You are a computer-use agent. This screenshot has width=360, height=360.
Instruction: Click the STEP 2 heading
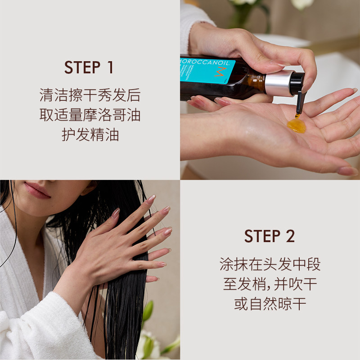[270, 236]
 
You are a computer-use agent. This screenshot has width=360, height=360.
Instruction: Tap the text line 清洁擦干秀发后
[90, 95]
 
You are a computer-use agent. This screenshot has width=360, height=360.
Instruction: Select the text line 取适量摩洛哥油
[90, 115]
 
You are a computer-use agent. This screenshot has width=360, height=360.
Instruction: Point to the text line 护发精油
[90, 135]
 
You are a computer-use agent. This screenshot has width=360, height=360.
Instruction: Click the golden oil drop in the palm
[296, 125]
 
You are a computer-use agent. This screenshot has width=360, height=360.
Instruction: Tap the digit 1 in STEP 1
[109, 67]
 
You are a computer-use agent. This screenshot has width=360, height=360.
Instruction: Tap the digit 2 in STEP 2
[290, 236]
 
